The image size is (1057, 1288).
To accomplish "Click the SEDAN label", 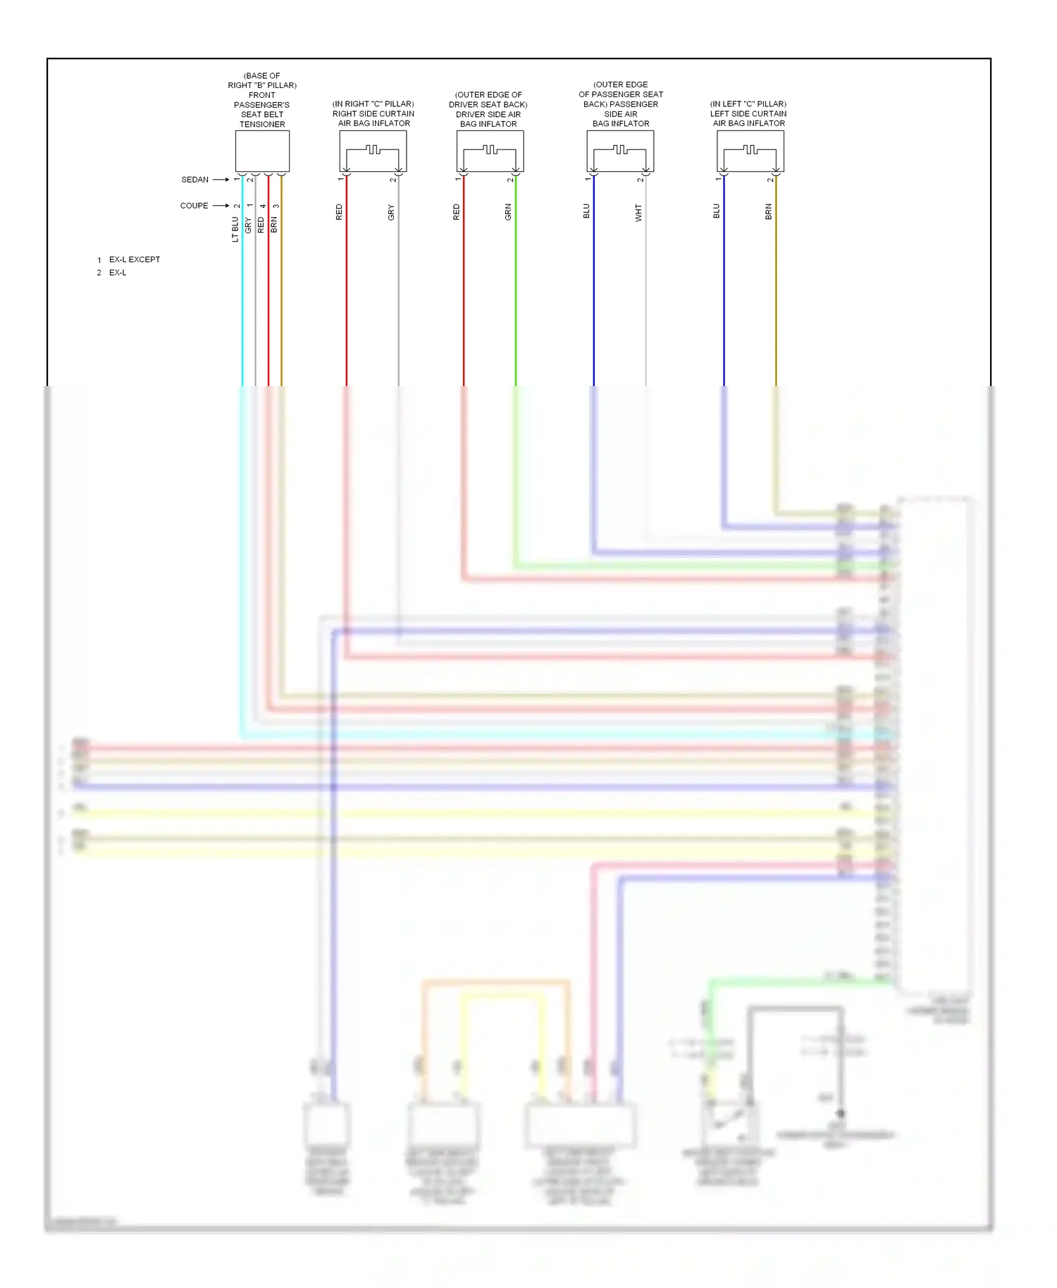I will coord(194,180).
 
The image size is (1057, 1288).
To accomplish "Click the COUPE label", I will coord(194,206).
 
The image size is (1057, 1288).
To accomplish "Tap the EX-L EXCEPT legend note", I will coord(134,259).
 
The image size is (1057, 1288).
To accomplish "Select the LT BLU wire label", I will coord(235,229).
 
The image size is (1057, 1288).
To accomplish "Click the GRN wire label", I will coord(508,212).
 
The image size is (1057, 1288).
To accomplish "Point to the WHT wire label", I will coord(638,213).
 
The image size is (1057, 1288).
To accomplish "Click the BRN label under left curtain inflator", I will coord(769,211).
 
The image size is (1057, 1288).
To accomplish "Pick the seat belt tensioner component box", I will coord(262,151).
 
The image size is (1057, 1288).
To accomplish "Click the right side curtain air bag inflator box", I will coord(373,151).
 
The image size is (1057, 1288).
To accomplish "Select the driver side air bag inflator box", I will coord(490,151).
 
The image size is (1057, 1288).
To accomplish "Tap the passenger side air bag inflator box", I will coord(620,151).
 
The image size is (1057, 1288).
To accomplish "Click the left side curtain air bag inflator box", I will coord(750,151).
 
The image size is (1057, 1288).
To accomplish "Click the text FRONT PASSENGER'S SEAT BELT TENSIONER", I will coord(262,109).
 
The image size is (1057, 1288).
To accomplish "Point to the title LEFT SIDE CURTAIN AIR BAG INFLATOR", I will coord(748,118).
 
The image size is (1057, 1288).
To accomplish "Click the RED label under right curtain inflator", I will coord(339,212).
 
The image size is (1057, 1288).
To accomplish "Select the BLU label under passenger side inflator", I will coord(586,211).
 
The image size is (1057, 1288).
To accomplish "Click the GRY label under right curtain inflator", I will coord(391,212).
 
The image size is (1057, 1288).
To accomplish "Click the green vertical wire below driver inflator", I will coord(516,296).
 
